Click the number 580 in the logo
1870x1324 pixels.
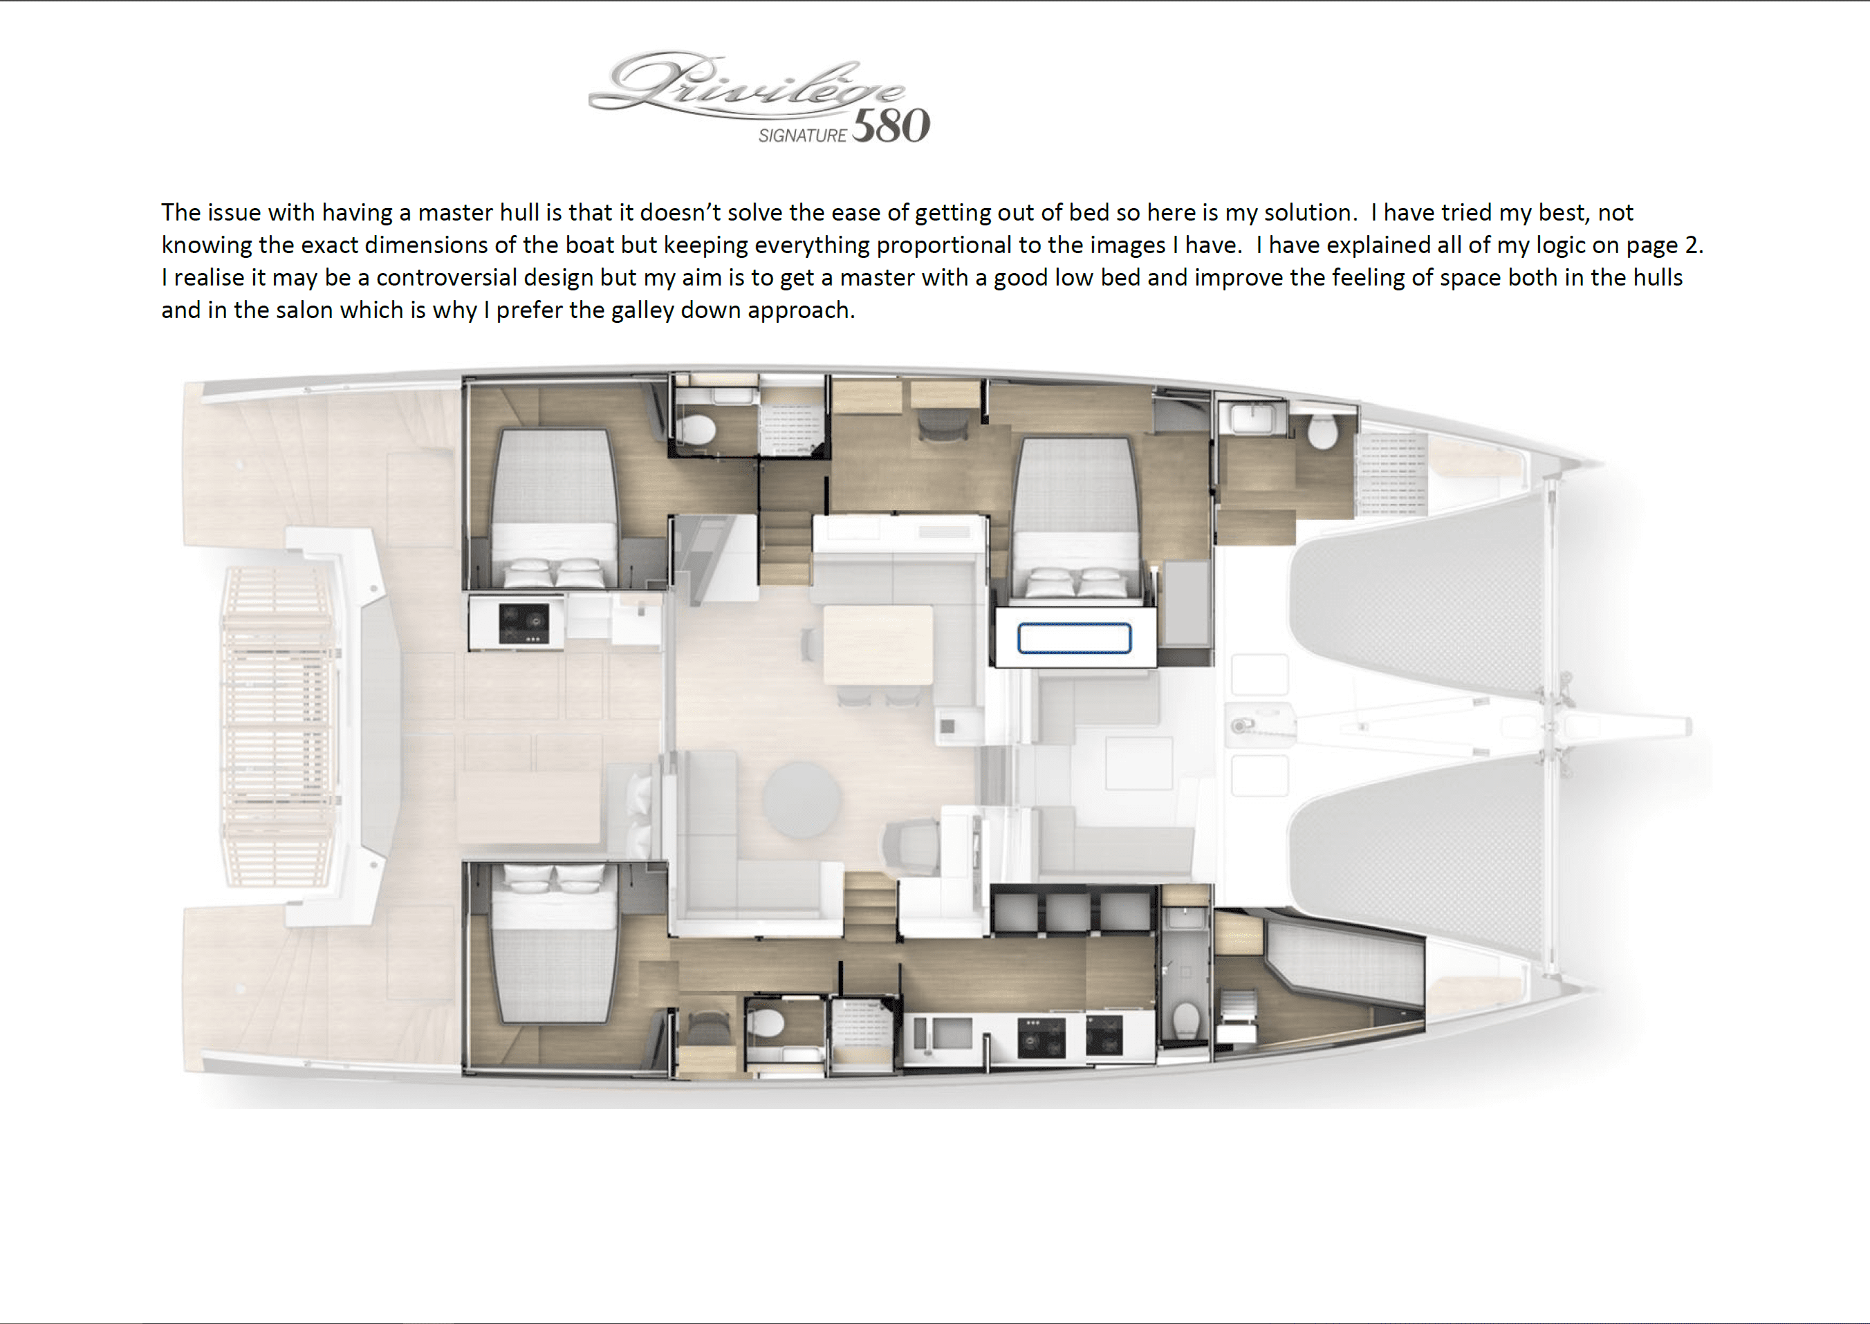point(891,127)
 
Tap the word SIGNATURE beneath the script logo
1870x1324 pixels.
point(802,136)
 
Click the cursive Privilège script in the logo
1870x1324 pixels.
point(746,86)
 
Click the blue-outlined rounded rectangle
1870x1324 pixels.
point(1074,638)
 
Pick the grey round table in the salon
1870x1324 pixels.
point(802,800)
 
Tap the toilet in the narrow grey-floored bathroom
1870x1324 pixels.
point(1185,1020)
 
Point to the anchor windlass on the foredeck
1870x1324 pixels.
point(1241,725)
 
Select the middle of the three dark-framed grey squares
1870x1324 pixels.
point(1066,910)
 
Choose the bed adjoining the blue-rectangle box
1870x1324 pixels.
point(1075,521)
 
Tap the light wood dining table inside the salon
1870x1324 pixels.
point(878,645)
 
